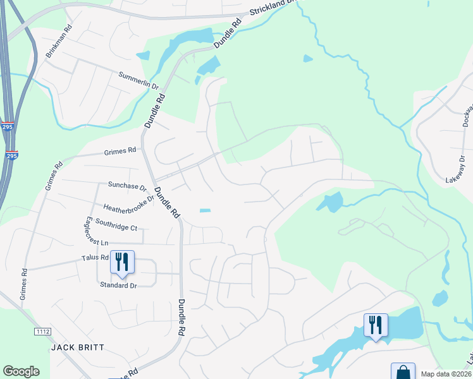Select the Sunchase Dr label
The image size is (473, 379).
coord(127,186)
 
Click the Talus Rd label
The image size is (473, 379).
coord(95,258)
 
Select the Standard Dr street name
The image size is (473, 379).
coord(118,286)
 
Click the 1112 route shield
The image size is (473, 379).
coord(42,332)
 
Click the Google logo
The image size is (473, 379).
coord(21,371)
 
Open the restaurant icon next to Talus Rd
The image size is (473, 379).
coord(122,262)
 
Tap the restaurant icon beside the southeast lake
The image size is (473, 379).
coord(376,325)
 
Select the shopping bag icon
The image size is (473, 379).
coord(403,371)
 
